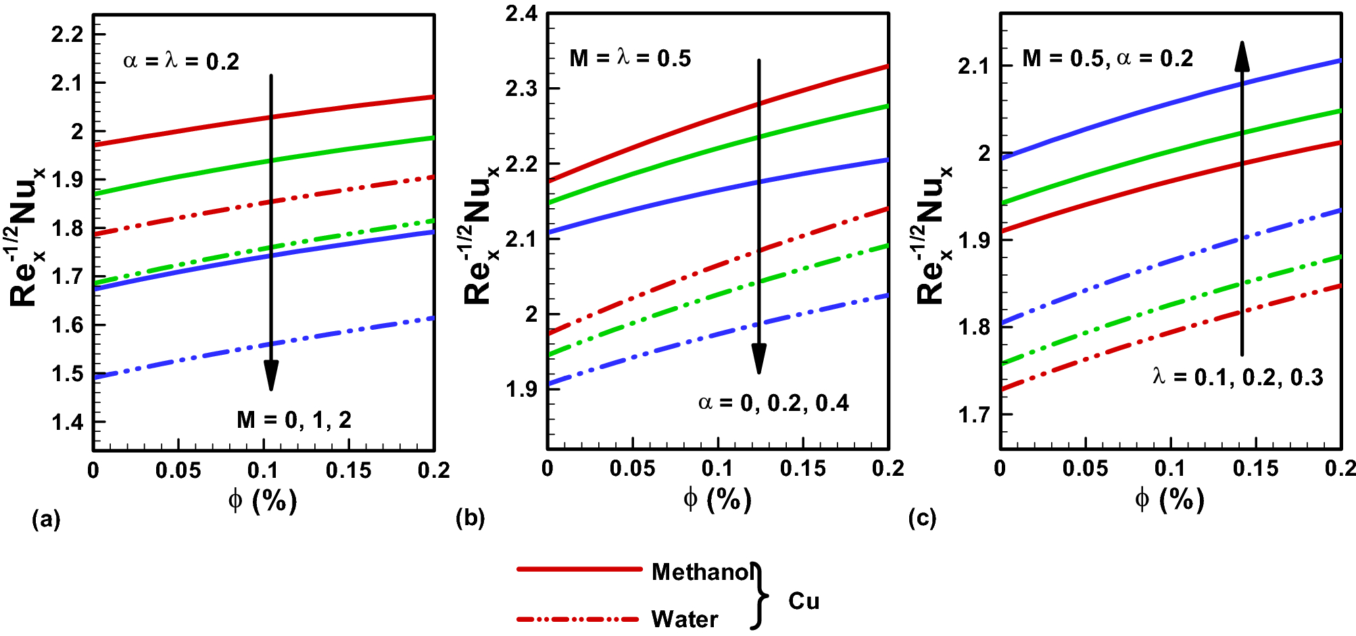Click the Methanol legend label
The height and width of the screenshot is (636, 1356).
702,572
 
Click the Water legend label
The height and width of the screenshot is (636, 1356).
684,619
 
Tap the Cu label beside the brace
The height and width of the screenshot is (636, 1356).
803,601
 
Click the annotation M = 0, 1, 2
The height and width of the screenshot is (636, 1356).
294,420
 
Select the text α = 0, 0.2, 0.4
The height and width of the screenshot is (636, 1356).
773,403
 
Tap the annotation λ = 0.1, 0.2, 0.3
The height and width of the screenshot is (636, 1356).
1238,377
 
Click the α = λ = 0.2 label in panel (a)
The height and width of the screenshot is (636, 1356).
181,62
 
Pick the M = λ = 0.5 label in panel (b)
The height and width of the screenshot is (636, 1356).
630,58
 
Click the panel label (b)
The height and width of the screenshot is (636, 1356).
470,518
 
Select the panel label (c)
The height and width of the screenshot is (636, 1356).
923,518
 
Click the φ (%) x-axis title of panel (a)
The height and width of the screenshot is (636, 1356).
262,501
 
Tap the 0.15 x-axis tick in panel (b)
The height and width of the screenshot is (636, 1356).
802,468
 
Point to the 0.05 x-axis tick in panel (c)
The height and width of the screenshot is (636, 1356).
1085,468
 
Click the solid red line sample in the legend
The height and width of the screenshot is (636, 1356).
579,569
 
